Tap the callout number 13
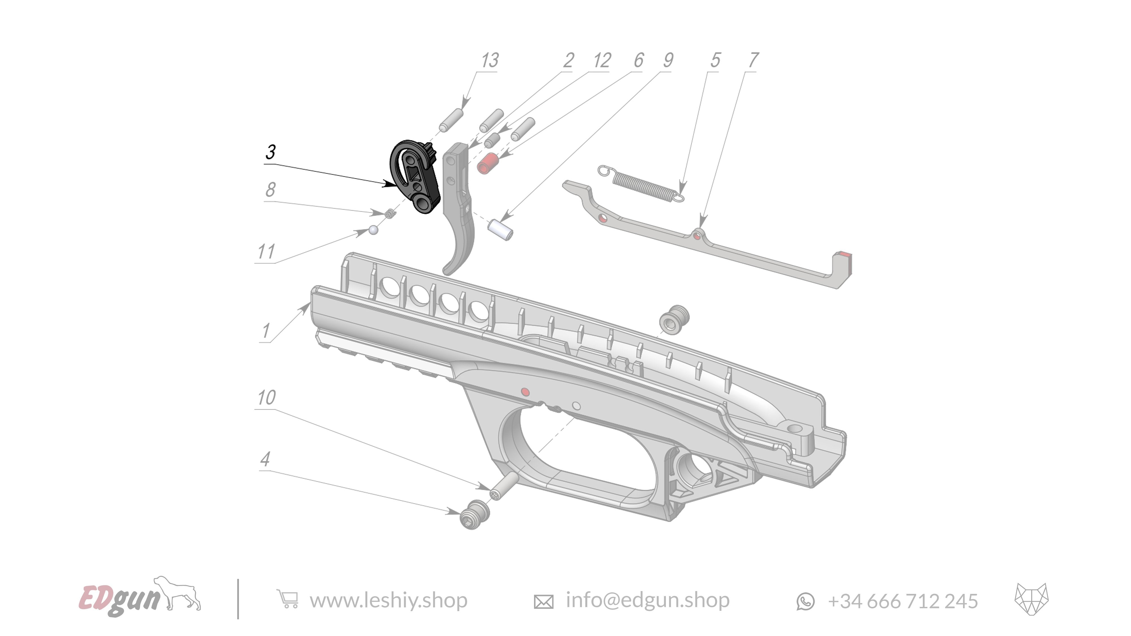coord(489,60)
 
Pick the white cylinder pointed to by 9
coord(500,230)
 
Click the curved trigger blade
coord(459,219)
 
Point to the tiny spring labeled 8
coord(389,214)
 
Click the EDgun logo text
coord(118,598)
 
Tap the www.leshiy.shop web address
coord(388,600)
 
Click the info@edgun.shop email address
coord(647,600)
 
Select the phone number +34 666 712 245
coord(902,601)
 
